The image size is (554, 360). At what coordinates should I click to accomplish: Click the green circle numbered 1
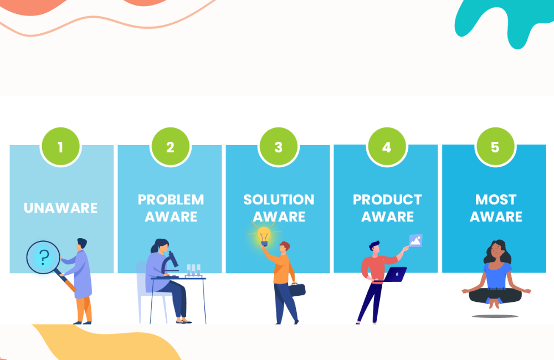click(60, 147)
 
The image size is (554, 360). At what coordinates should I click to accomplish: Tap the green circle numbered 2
click(170, 147)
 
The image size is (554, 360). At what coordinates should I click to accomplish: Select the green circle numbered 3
click(278, 147)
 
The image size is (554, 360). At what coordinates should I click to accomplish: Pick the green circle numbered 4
click(386, 147)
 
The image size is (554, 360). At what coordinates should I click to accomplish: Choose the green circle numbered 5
click(495, 147)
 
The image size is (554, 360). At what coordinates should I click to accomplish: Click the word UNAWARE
click(60, 208)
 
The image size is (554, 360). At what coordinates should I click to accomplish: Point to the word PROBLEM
click(171, 199)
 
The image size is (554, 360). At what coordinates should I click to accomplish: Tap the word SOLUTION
click(279, 199)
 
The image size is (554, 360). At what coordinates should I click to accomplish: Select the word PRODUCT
click(387, 199)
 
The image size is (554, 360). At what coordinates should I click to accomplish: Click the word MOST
click(496, 199)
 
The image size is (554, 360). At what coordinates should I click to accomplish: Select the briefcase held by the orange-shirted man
click(297, 289)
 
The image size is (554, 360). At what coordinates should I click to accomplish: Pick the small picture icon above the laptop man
click(416, 240)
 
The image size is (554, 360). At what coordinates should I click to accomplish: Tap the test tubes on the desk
click(193, 270)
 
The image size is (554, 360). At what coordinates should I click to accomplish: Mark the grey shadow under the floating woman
click(495, 316)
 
